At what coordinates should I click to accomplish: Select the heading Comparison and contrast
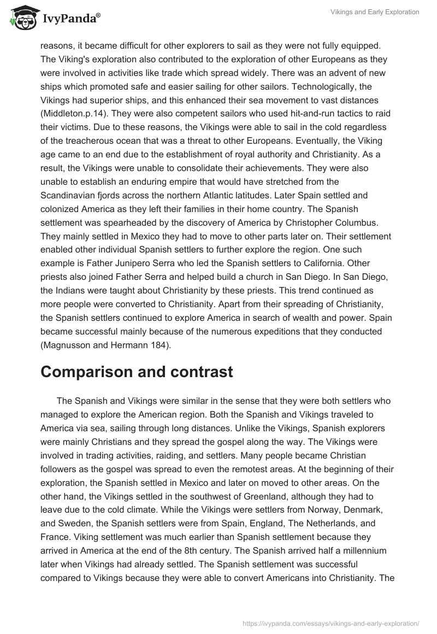point(137,372)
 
